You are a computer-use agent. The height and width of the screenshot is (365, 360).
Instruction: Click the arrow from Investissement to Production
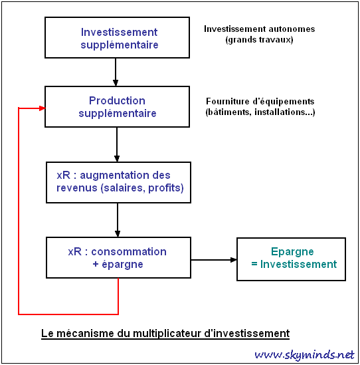pos(116,72)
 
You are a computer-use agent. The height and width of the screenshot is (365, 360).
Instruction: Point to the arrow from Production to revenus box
pos(117,144)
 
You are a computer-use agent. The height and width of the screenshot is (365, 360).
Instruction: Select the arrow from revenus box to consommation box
pos(118,220)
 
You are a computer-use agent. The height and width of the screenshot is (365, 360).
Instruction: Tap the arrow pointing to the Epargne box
pos(214,260)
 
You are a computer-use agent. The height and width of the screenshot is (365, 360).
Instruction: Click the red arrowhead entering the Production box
pos(42,108)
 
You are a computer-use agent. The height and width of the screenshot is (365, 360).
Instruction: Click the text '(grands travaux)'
pos(259,40)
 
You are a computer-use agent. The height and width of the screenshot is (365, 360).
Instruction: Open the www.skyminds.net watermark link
pos(304,355)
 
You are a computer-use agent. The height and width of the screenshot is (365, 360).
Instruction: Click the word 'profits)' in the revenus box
pos(166,187)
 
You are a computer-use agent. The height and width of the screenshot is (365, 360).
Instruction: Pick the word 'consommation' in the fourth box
pos(129,251)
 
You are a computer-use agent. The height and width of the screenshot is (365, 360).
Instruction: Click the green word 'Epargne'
pos(292,251)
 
